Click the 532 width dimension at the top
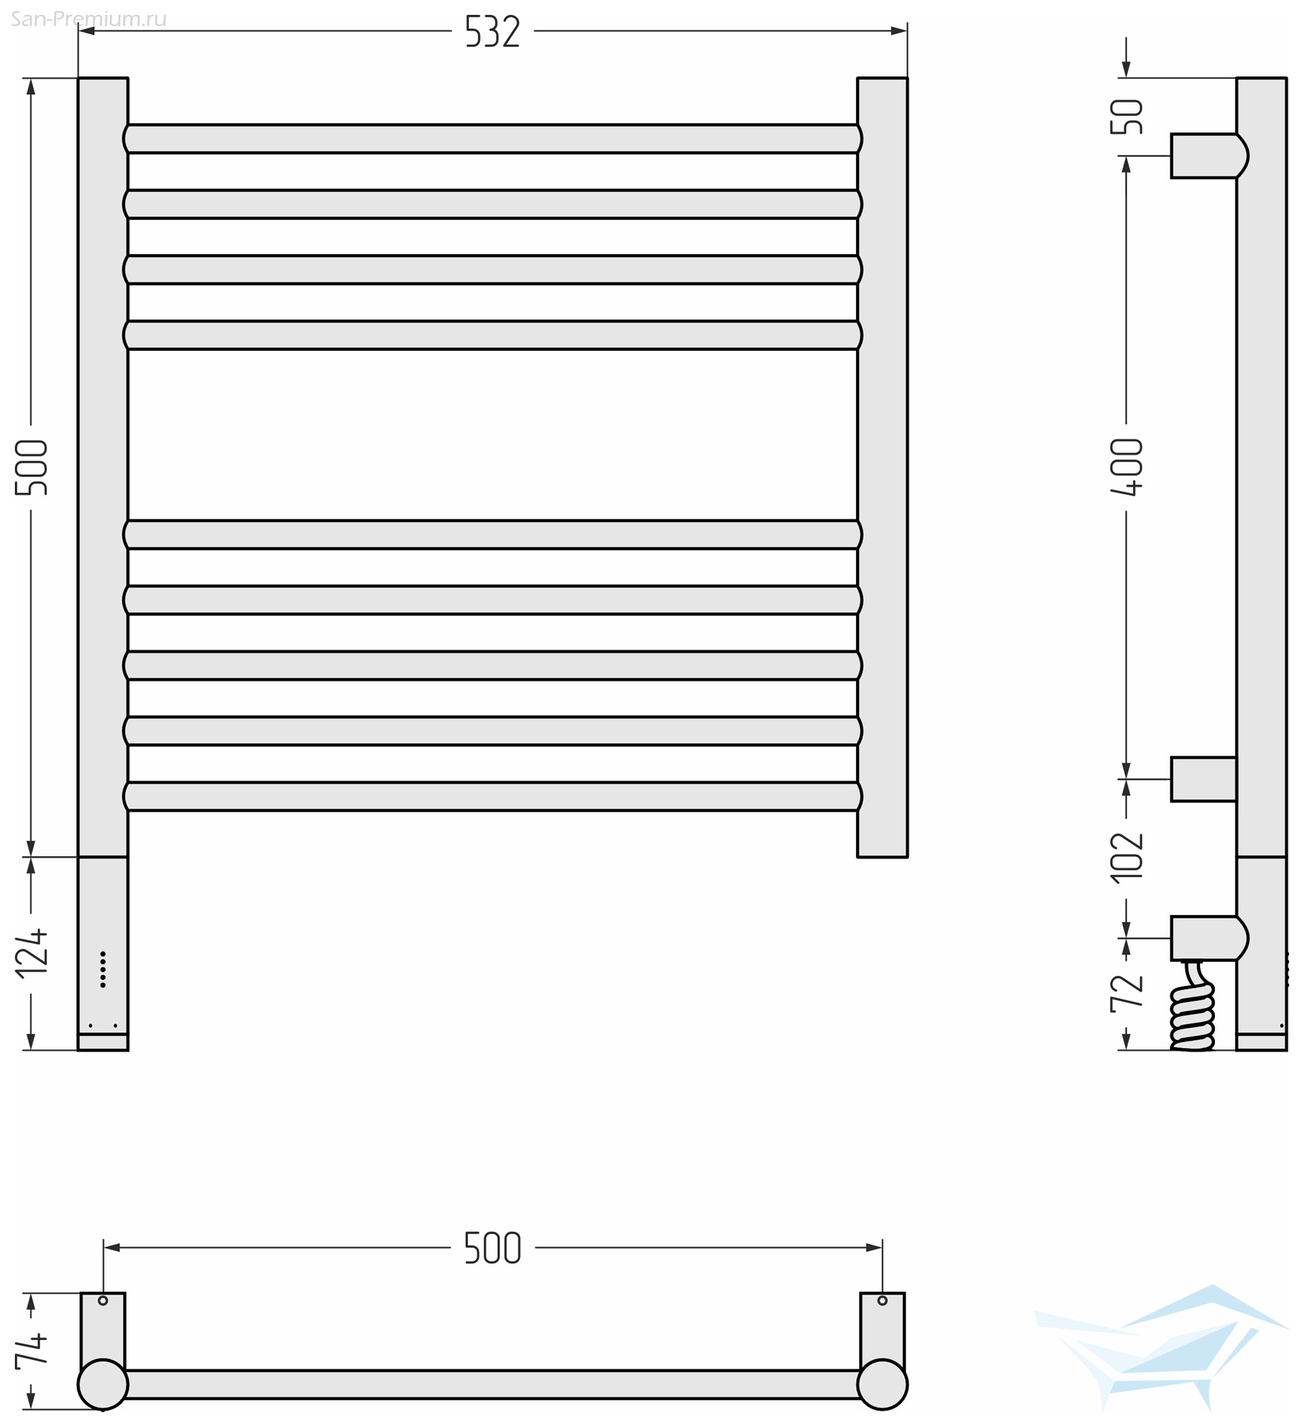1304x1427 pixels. click(492, 32)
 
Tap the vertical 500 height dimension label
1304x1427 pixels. click(32, 467)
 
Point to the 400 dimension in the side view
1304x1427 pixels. click(1126, 467)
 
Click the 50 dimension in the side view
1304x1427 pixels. click(1126, 117)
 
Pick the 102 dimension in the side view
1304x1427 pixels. click(1126, 857)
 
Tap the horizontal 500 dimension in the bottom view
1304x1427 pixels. click(493, 1248)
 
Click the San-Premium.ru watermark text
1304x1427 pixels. click(88, 19)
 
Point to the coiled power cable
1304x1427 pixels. click(1193, 1006)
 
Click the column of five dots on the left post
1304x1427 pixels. click(103, 969)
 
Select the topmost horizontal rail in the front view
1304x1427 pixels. click(493, 139)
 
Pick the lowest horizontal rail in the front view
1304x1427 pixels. click(493, 796)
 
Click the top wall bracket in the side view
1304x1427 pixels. click(1209, 156)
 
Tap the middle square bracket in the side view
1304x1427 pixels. click(1204, 779)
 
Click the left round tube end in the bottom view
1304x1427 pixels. click(103, 1384)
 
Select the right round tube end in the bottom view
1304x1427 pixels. click(882, 1384)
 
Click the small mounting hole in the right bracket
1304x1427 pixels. click(882, 1301)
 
